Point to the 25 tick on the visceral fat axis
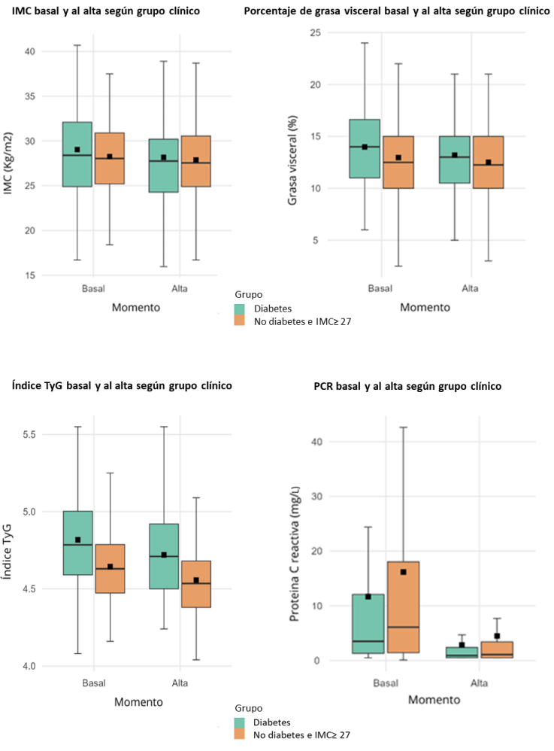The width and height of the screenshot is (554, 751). point(315,32)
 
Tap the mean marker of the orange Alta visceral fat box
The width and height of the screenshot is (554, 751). point(489,163)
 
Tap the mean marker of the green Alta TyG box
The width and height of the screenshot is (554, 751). point(163,555)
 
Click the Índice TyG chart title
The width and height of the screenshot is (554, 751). point(122,385)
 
